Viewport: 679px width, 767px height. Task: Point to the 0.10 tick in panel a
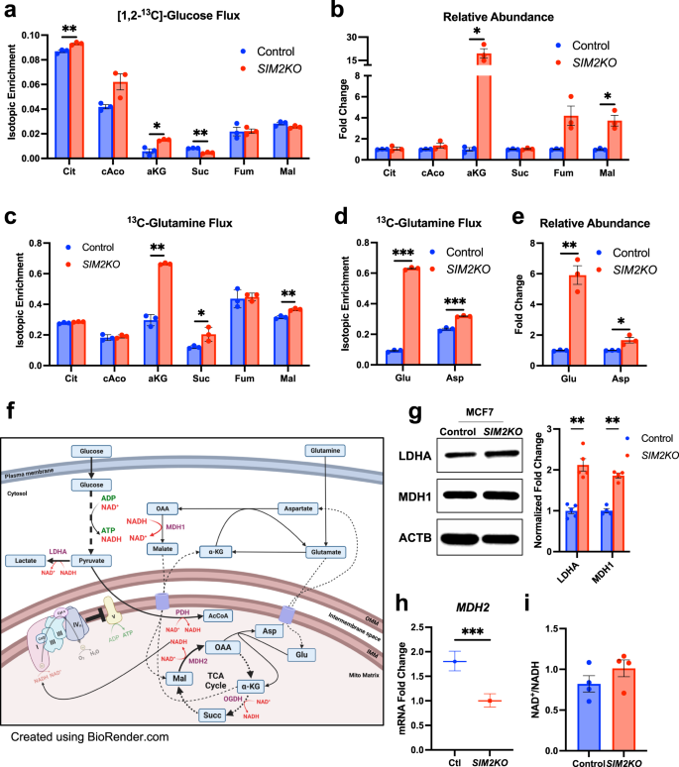pyautogui.click(x=30, y=35)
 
